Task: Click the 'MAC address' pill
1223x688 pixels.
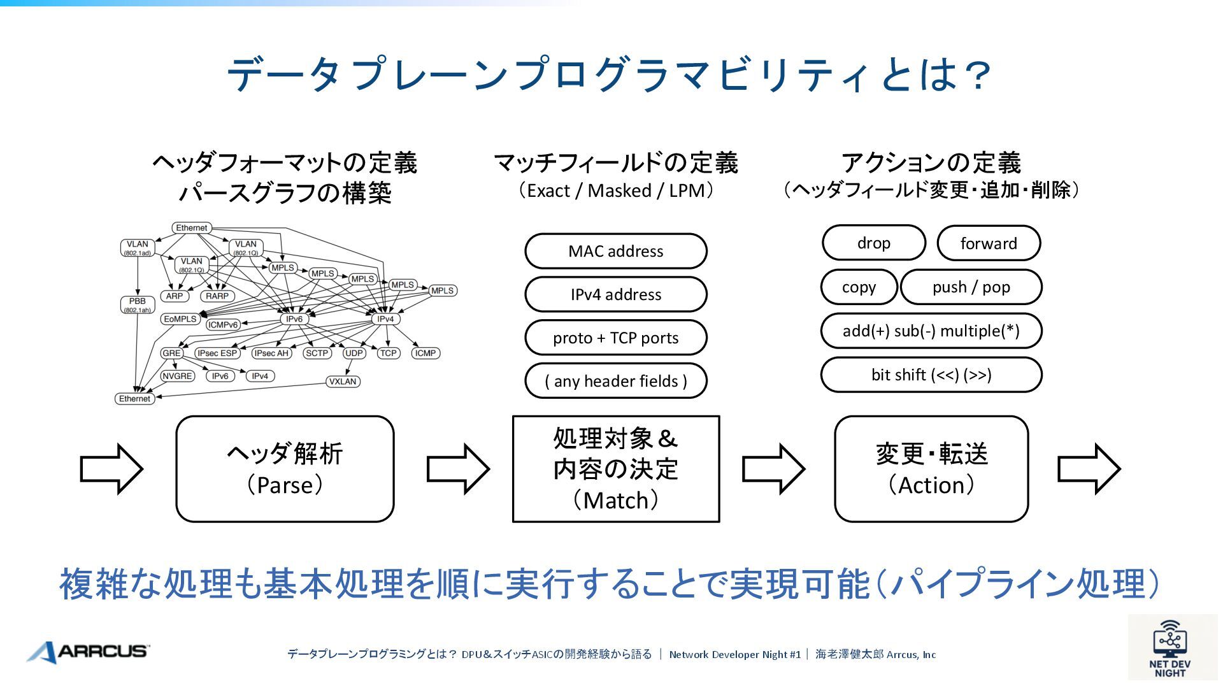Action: pyautogui.click(x=615, y=251)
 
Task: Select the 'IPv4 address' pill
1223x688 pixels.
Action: pyautogui.click(x=615, y=294)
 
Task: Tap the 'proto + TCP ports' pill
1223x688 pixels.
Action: pyautogui.click(x=615, y=338)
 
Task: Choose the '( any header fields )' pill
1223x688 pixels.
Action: pyautogui.click(x=615, y=381)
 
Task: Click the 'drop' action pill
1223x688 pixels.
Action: pyautogui.click(x=873, y=243)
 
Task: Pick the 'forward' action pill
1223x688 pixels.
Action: pyautogui.click(x=989, y=243)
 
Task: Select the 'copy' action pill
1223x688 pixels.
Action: pyautogui.click(x=859, y=287)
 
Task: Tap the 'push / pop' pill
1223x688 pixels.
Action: pyautogui.click(x=971, y=287)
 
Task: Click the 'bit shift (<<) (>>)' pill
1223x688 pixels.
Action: pyautogui.click(x=931, y=375)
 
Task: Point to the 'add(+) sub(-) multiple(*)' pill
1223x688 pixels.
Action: pyautogui.click(x=931, y=331)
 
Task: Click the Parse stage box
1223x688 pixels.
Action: pyautogui.click(x=285, y=469)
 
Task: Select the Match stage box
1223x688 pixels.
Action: pyautogui.click(x=615, y=469)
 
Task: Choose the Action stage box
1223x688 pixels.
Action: pyautogui.click(x=931, y=469)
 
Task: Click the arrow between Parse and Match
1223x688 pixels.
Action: pyautogui.click(x=457, y=469)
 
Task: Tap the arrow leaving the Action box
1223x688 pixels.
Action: pyautogui.click(x=1088, y=469)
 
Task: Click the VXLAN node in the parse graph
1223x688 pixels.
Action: pyautogui.click(x=343, y=382)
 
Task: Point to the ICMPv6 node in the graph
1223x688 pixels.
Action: pyautogui.click(x=223, y=325)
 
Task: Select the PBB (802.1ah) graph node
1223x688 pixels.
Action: pyautogui.click(x=138, y=305)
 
